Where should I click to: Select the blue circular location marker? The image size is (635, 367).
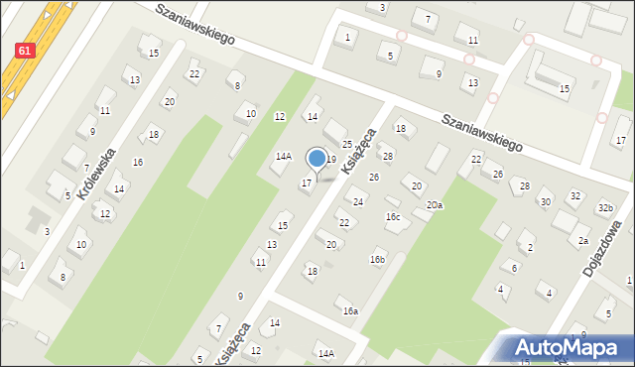coord(317,158)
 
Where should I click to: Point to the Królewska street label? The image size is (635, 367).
coord(96,175)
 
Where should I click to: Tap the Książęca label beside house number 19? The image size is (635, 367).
coord(358,152)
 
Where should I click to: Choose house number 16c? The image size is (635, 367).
coord(393,216)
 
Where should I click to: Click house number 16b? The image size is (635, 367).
coord(377,260)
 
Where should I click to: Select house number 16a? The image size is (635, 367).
coord(350,310)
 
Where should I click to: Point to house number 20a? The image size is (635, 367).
coord(435,204)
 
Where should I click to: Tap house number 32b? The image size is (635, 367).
coord(605,207)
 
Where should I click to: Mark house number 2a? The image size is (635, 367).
coord(584,241)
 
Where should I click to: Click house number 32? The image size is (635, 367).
coord(574,195)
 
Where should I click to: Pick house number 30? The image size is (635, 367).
coord(545,201)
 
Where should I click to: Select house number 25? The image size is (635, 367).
coord(347,145)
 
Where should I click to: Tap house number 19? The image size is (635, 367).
coord(331,159)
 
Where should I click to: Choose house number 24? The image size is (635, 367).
coord(358,201)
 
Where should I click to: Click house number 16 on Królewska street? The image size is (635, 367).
coord(138,162)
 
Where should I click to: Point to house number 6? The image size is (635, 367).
coord(514,268)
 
